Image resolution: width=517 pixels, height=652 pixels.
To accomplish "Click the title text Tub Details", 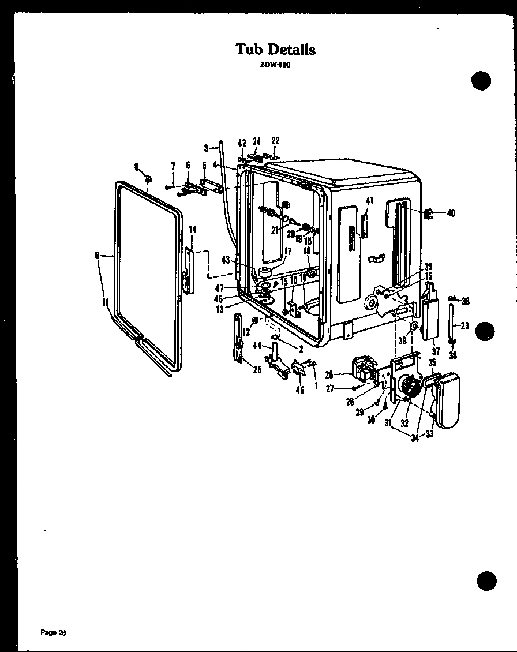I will click(276, 50).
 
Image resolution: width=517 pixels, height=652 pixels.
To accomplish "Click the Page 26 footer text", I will click(54, 633).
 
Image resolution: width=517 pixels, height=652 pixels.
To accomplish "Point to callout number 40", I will click(450, 213).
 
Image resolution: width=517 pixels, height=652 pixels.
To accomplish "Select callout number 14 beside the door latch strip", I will click(193, 230).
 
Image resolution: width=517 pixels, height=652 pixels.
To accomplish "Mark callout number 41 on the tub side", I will click(370, 201).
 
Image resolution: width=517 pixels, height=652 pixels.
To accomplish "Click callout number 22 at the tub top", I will click(275, 141).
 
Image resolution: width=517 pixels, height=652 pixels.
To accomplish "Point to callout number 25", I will click(257, 369).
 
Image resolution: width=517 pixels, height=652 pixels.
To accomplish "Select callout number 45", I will click(299, 390).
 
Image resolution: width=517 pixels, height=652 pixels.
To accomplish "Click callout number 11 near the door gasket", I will click(104, 301).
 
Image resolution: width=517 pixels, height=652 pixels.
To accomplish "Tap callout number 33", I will click(430, 434).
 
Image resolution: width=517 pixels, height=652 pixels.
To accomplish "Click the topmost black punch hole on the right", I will click(481, 80).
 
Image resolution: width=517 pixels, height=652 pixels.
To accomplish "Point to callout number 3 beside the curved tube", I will click(206, 148).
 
